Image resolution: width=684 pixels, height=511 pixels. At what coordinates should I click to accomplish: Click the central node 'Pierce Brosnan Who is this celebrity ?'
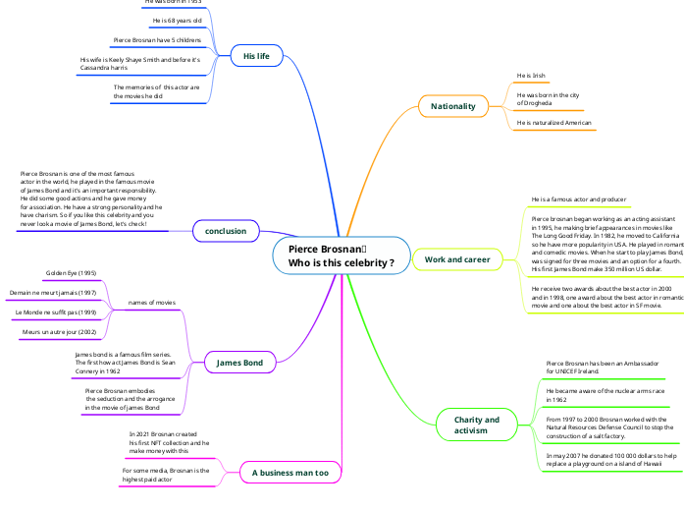[341, 255]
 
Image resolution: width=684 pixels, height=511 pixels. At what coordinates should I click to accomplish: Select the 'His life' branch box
[256, 57]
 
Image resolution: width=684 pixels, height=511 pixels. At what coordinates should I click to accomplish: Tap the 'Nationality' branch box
[452, 105]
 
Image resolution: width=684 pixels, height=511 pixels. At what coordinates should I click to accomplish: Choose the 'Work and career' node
[456, 259]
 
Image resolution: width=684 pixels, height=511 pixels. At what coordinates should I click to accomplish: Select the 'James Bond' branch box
[239, 364]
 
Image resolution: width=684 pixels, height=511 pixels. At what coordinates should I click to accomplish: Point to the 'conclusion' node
[226, 231]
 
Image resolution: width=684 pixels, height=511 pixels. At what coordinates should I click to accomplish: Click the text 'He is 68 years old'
[177, 21]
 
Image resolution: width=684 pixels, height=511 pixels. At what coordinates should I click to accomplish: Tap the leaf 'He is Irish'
[530, 75]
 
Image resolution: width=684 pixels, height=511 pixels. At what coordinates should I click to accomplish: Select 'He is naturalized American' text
[554, 123]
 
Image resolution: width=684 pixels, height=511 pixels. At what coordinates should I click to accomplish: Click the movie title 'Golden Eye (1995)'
[71, 273]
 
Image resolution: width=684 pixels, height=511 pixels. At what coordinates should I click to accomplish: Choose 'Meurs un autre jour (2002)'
[60, 332]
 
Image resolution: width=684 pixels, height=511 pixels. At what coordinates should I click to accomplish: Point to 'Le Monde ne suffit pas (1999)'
[55, 312]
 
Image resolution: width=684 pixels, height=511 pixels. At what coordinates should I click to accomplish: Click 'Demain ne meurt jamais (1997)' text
[53, 293]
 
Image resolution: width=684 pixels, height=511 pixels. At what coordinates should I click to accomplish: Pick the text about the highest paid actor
[166, 475]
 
